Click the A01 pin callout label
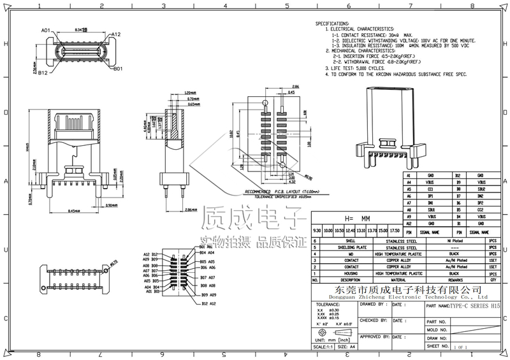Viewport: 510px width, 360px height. tap(46, 30)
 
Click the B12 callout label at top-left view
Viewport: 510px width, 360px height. tap(43, 74)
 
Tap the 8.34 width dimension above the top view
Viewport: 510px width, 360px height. tap(81, 29)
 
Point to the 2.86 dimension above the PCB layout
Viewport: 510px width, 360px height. tap(295, 86)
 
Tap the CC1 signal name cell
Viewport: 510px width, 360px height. tap(432, 189)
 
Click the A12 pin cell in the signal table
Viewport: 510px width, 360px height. tap(408, 224)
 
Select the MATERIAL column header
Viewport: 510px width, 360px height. tap(398, 279)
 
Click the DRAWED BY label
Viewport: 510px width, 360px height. tap(372, 305)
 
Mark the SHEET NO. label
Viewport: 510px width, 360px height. tap(437, 346)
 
